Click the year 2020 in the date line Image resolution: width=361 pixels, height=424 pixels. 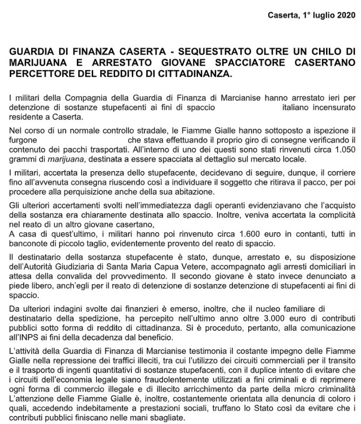[342, 14]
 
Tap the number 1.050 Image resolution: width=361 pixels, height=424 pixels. [344, 150]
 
